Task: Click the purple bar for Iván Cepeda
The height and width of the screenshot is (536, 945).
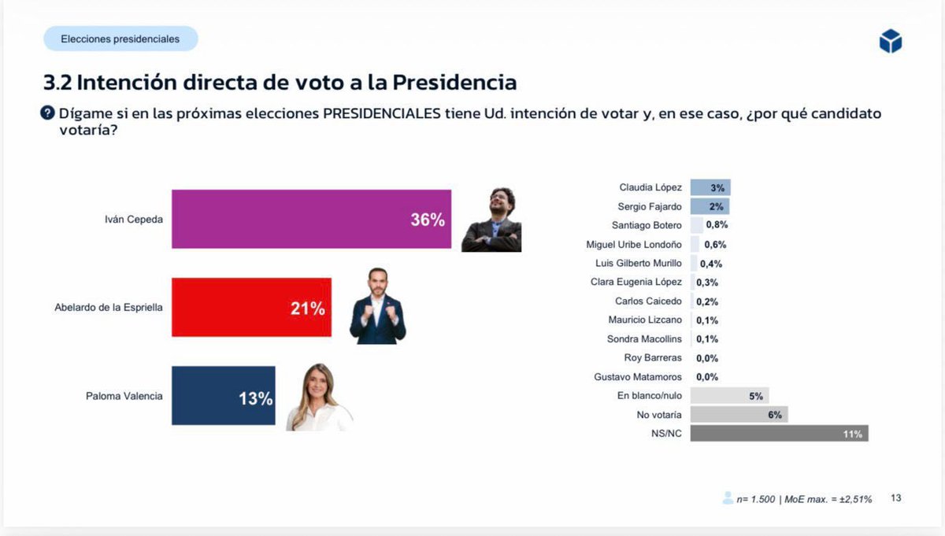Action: point(311,219)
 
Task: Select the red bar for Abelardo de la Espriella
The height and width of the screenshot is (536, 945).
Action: point(251,307)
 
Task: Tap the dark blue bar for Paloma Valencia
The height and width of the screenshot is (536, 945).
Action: point(223,396)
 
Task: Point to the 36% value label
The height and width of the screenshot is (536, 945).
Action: point(428,220)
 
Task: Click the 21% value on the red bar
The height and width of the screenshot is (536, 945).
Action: point(307,309)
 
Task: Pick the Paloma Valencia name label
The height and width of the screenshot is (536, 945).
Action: point(124,396)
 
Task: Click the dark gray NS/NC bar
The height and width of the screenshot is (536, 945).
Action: point(779,434)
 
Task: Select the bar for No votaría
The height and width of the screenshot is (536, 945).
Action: point(739,415)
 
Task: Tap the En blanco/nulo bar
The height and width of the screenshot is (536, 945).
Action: point(729,396)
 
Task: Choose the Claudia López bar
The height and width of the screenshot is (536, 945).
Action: point(710,187)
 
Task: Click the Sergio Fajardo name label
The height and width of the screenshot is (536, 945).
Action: point(650,207)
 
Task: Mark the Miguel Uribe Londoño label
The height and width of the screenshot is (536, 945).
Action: point(634,245)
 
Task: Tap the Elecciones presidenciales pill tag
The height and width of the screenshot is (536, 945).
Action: point(120,39)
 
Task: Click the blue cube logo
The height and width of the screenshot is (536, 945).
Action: point(890,42)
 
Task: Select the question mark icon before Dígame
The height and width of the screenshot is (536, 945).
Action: point(48,113)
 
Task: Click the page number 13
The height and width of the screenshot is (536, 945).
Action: point(895,498)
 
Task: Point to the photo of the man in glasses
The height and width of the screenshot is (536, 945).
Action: point(492,220)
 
